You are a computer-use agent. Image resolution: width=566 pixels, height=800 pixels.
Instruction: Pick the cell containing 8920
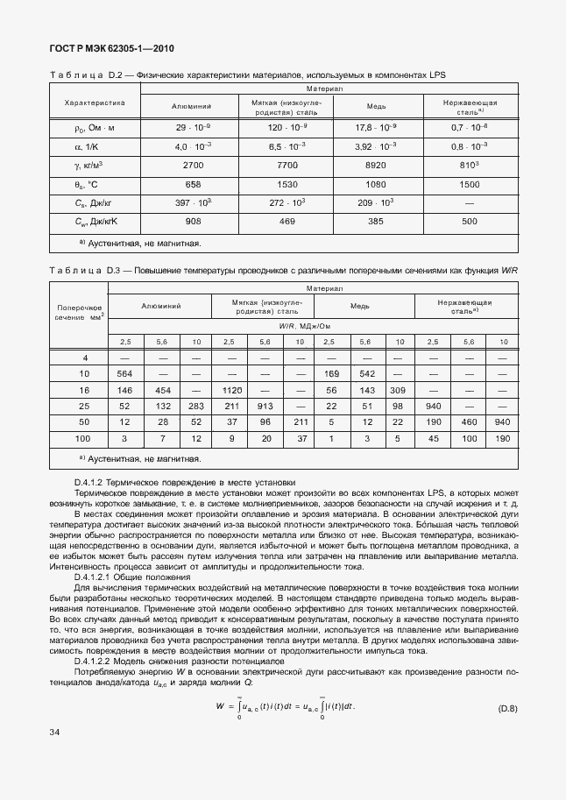click(376, 165)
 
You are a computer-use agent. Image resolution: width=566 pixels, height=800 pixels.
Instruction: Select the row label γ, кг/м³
click(89, 165)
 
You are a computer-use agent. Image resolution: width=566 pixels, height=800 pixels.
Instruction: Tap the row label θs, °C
click(87, 184)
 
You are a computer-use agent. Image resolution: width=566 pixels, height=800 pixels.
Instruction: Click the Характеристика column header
click(96, 103)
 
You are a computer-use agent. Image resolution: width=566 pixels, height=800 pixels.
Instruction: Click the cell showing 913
click(265, 406)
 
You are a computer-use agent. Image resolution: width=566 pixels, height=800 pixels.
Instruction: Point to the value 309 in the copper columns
click(397, 389)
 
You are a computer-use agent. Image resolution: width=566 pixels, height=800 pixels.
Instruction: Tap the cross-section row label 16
click(85, 389)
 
